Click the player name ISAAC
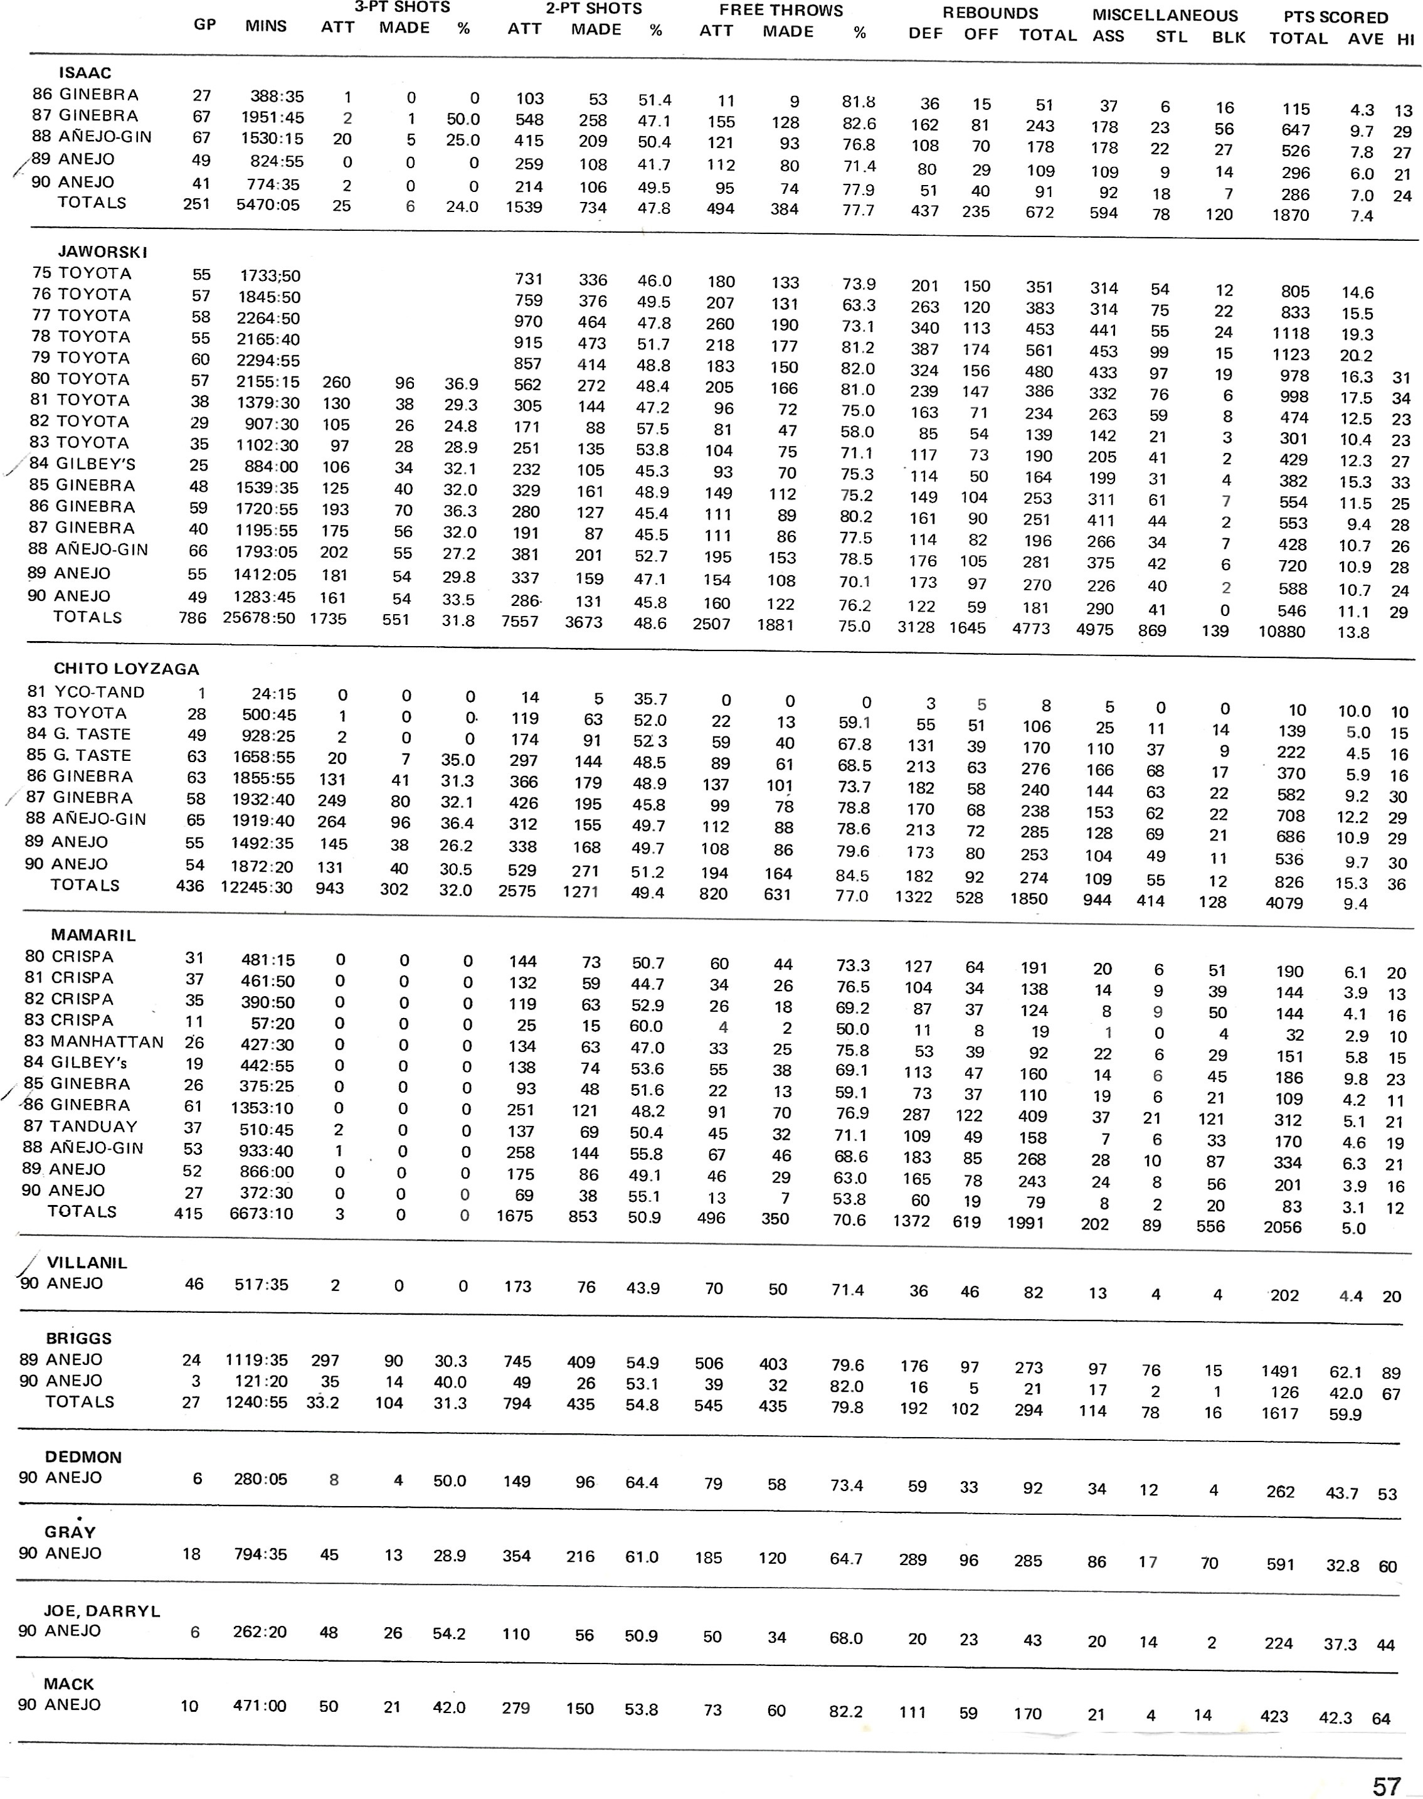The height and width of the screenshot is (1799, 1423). [85, 73]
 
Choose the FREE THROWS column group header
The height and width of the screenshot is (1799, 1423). [781, 11]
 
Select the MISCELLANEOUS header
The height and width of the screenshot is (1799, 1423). [1165, 16]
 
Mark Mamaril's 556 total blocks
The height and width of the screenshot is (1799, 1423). [1210, 1226]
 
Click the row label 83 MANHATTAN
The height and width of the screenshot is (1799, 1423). [94, 1041]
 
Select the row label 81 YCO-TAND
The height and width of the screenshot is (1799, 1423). [86, 692]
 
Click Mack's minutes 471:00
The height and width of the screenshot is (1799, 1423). [259, 1706]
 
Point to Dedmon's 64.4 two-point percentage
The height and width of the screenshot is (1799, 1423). [642, 1482]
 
